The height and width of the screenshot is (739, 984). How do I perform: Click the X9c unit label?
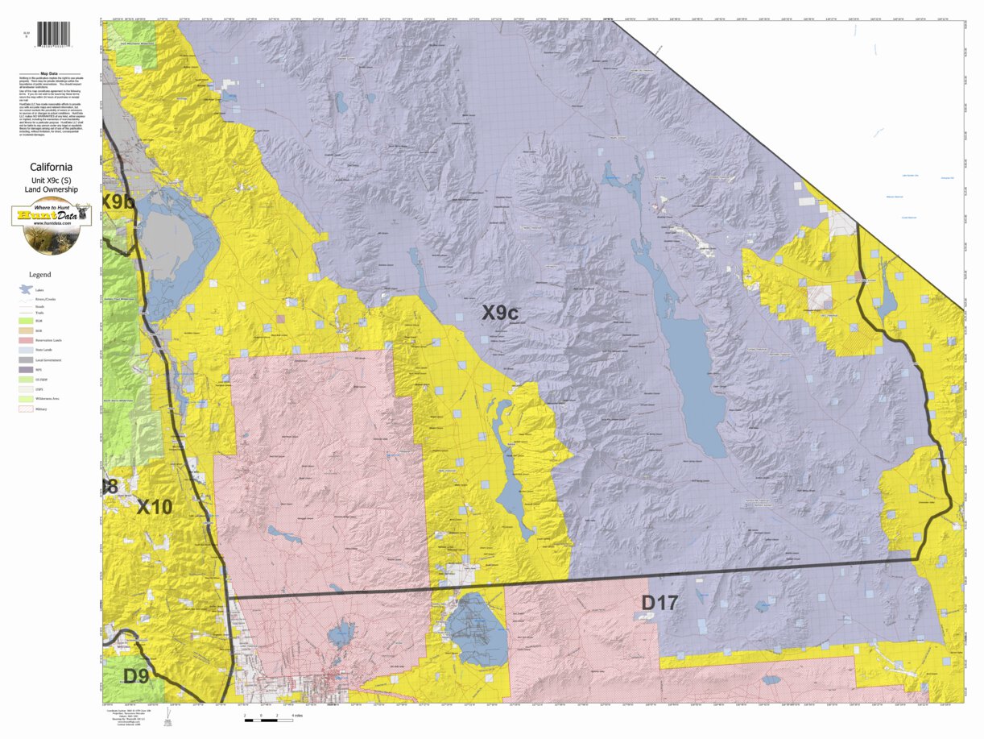pos(499,313)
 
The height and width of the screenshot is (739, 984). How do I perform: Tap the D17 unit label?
pos(659,602)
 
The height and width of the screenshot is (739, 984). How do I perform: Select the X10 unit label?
pos(154,507)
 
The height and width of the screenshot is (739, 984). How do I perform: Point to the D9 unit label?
pos(135,675)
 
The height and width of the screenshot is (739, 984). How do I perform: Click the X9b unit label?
pos(118,201)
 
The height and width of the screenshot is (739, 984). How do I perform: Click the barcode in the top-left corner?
pos(53,34)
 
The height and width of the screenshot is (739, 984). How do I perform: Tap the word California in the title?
pos(52,168)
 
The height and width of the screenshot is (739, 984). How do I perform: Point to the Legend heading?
pos(39,275)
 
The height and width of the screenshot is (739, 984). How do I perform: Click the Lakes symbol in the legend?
pos(26,289)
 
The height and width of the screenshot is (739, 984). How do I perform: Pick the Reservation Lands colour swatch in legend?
pos(26,340)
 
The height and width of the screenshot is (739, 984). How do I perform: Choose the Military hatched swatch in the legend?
pos(26,409)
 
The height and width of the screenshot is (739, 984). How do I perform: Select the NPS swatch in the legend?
pos(26,370)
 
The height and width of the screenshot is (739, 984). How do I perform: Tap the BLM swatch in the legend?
pos(26,321)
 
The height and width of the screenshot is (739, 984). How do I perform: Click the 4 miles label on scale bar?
pos(297,716)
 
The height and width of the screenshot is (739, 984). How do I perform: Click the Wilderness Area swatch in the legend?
pos(26,399)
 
